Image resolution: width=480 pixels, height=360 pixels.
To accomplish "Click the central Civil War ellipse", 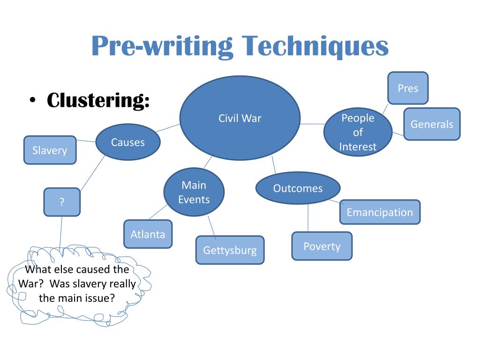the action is click(240, 118).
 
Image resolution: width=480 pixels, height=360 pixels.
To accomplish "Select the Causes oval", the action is click(128, 142).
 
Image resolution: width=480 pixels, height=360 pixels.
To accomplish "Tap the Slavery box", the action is click(50, 150).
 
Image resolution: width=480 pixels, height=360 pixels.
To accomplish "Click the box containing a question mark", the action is click(62, 202).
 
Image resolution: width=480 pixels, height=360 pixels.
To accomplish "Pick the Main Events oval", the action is click(194, 192).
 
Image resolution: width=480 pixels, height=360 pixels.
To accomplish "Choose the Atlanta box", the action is click(148, 234).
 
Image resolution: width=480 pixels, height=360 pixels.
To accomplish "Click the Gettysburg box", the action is click(230, 250).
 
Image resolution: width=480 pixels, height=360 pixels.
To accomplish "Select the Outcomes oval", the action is click(298, 188).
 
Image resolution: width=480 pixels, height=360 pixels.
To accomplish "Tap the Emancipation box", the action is click(380, 212).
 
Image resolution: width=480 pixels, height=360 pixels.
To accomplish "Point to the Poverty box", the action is click(322, 246).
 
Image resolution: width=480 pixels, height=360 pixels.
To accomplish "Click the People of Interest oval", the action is click(358, 132).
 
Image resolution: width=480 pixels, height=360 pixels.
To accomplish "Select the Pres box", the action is click(408, 88).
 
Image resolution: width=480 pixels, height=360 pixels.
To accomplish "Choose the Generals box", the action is click(432, 124).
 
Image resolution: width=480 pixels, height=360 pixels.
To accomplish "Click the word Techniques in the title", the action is click(315, 46).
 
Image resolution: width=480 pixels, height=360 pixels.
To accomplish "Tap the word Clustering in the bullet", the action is click(98, 100).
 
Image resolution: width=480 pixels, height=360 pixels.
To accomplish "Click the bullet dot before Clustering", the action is click(32, 100).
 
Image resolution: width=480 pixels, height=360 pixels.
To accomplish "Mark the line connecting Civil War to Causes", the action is click(168, 128).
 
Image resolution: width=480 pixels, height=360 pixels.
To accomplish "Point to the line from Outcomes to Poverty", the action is click(308, 218).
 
